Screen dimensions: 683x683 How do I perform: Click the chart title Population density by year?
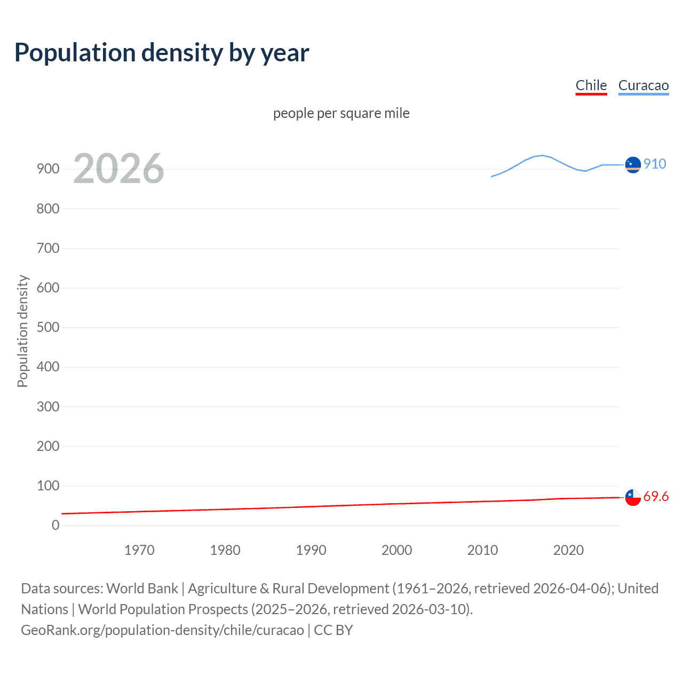(162, 53)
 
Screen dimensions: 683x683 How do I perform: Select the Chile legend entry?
(591, 85)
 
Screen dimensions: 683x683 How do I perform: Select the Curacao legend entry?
(643, 85)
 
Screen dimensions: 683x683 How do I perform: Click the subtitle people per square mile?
(341, 113)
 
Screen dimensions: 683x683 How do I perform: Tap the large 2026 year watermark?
(118, 169)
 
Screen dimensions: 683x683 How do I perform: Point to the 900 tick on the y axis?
(48, 169)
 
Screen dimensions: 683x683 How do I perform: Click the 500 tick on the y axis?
(48, 327)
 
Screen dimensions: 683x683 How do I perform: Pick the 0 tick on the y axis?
(55, 525)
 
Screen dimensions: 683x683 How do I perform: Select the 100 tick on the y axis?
(48, 486)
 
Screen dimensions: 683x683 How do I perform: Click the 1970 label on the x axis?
(139, 550)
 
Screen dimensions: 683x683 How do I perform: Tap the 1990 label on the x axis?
(311, 550)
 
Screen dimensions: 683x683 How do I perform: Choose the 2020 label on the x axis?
(568, 550)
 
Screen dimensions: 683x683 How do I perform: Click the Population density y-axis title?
(22, 331)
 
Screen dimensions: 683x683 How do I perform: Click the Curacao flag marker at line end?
(633, 165)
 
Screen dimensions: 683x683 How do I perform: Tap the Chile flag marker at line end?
(633, 497)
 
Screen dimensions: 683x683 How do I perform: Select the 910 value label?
(655, 164)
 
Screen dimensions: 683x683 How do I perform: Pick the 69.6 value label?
(656, 496)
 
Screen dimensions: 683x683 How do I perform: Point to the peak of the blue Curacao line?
(542, 155)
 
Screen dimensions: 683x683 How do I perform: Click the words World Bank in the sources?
(142, 589)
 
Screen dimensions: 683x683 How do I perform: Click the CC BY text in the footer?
(333, 630)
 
